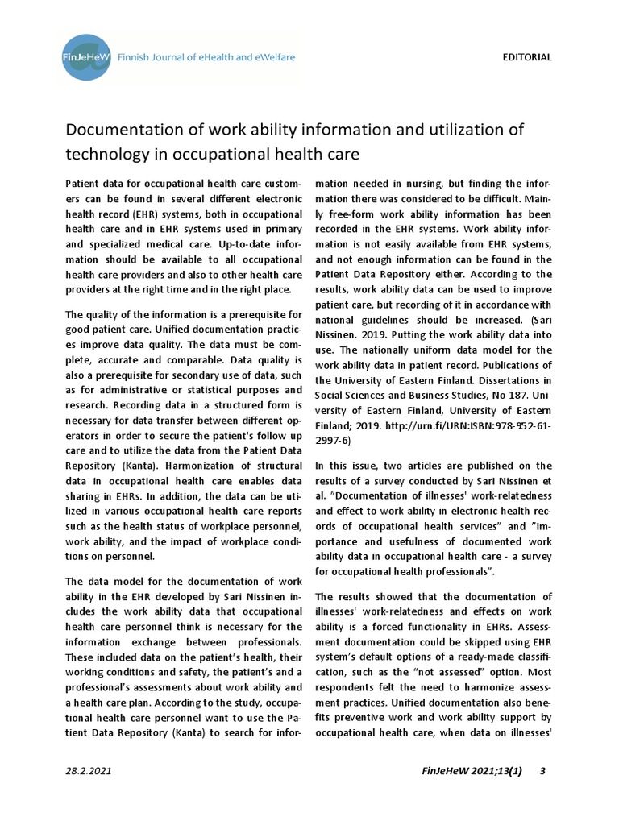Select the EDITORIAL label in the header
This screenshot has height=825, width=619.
(x=527, y=57)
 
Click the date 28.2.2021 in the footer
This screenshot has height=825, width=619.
(x=89, y=771)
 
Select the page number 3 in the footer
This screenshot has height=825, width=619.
(x=543, y=771)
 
